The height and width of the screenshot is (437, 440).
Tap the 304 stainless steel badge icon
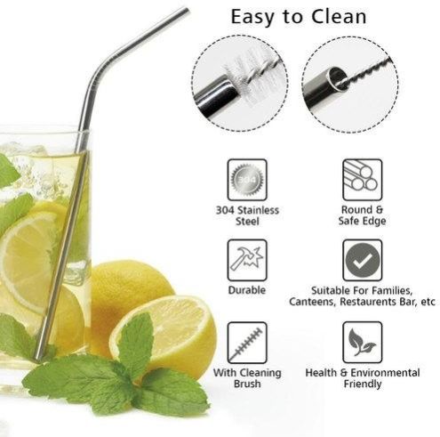247,180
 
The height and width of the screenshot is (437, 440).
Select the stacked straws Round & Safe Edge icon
362,180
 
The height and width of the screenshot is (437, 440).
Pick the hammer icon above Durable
247,260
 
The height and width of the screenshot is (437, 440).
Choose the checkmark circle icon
362,260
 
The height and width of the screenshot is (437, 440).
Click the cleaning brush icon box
247,343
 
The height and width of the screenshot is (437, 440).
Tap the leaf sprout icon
362,343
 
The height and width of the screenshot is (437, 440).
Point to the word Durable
247,290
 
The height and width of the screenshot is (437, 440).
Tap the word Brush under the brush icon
247,384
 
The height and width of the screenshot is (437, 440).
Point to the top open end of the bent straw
187,11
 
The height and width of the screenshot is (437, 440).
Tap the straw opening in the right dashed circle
336,77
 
